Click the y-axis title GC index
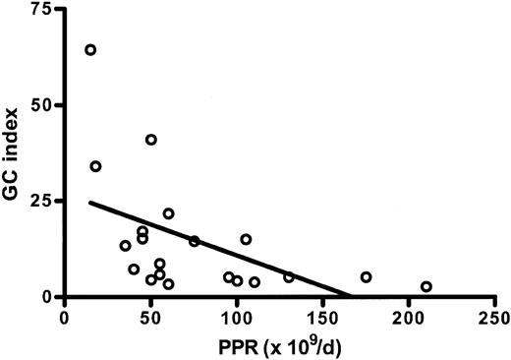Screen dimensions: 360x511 (x=13, y=152)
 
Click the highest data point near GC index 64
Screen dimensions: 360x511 (x=90, y=50)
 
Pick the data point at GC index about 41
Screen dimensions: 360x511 (x=151, y=140)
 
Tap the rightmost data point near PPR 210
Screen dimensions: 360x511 (x=426, y=286)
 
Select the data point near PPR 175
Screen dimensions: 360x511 (x=366, y=277)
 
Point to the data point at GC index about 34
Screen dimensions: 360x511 (x=95, y=166)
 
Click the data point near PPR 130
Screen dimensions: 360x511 (x=289, y=277)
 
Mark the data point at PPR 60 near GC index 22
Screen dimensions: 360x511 (x=168, y=213)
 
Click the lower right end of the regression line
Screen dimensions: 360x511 (x=352, y=295)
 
